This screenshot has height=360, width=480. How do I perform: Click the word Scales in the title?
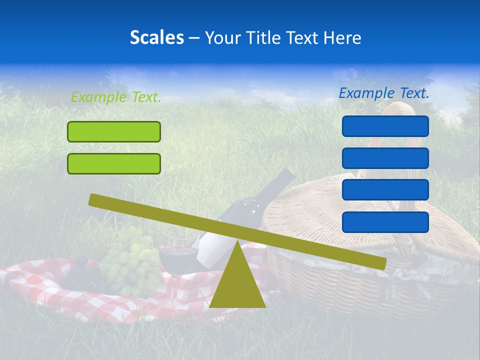[x=156, y=37]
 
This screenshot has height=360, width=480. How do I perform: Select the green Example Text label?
[x=116, y=97]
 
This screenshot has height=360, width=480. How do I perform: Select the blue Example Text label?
[x=384, y=93]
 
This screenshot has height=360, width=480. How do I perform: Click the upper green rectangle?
[x=114, y=131]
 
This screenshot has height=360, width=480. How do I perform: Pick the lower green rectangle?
[x=114, y=163]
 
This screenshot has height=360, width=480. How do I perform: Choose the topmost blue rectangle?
[x=385, y=126]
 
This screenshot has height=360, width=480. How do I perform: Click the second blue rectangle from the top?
[x=385, y=158]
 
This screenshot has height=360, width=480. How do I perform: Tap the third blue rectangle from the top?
[x=385, y=190]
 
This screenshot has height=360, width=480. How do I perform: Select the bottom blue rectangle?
[x=385, y=222]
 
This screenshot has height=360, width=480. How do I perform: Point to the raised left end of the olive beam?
[x=95, y=199]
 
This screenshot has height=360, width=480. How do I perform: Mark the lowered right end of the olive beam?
[x=380, y=263]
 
